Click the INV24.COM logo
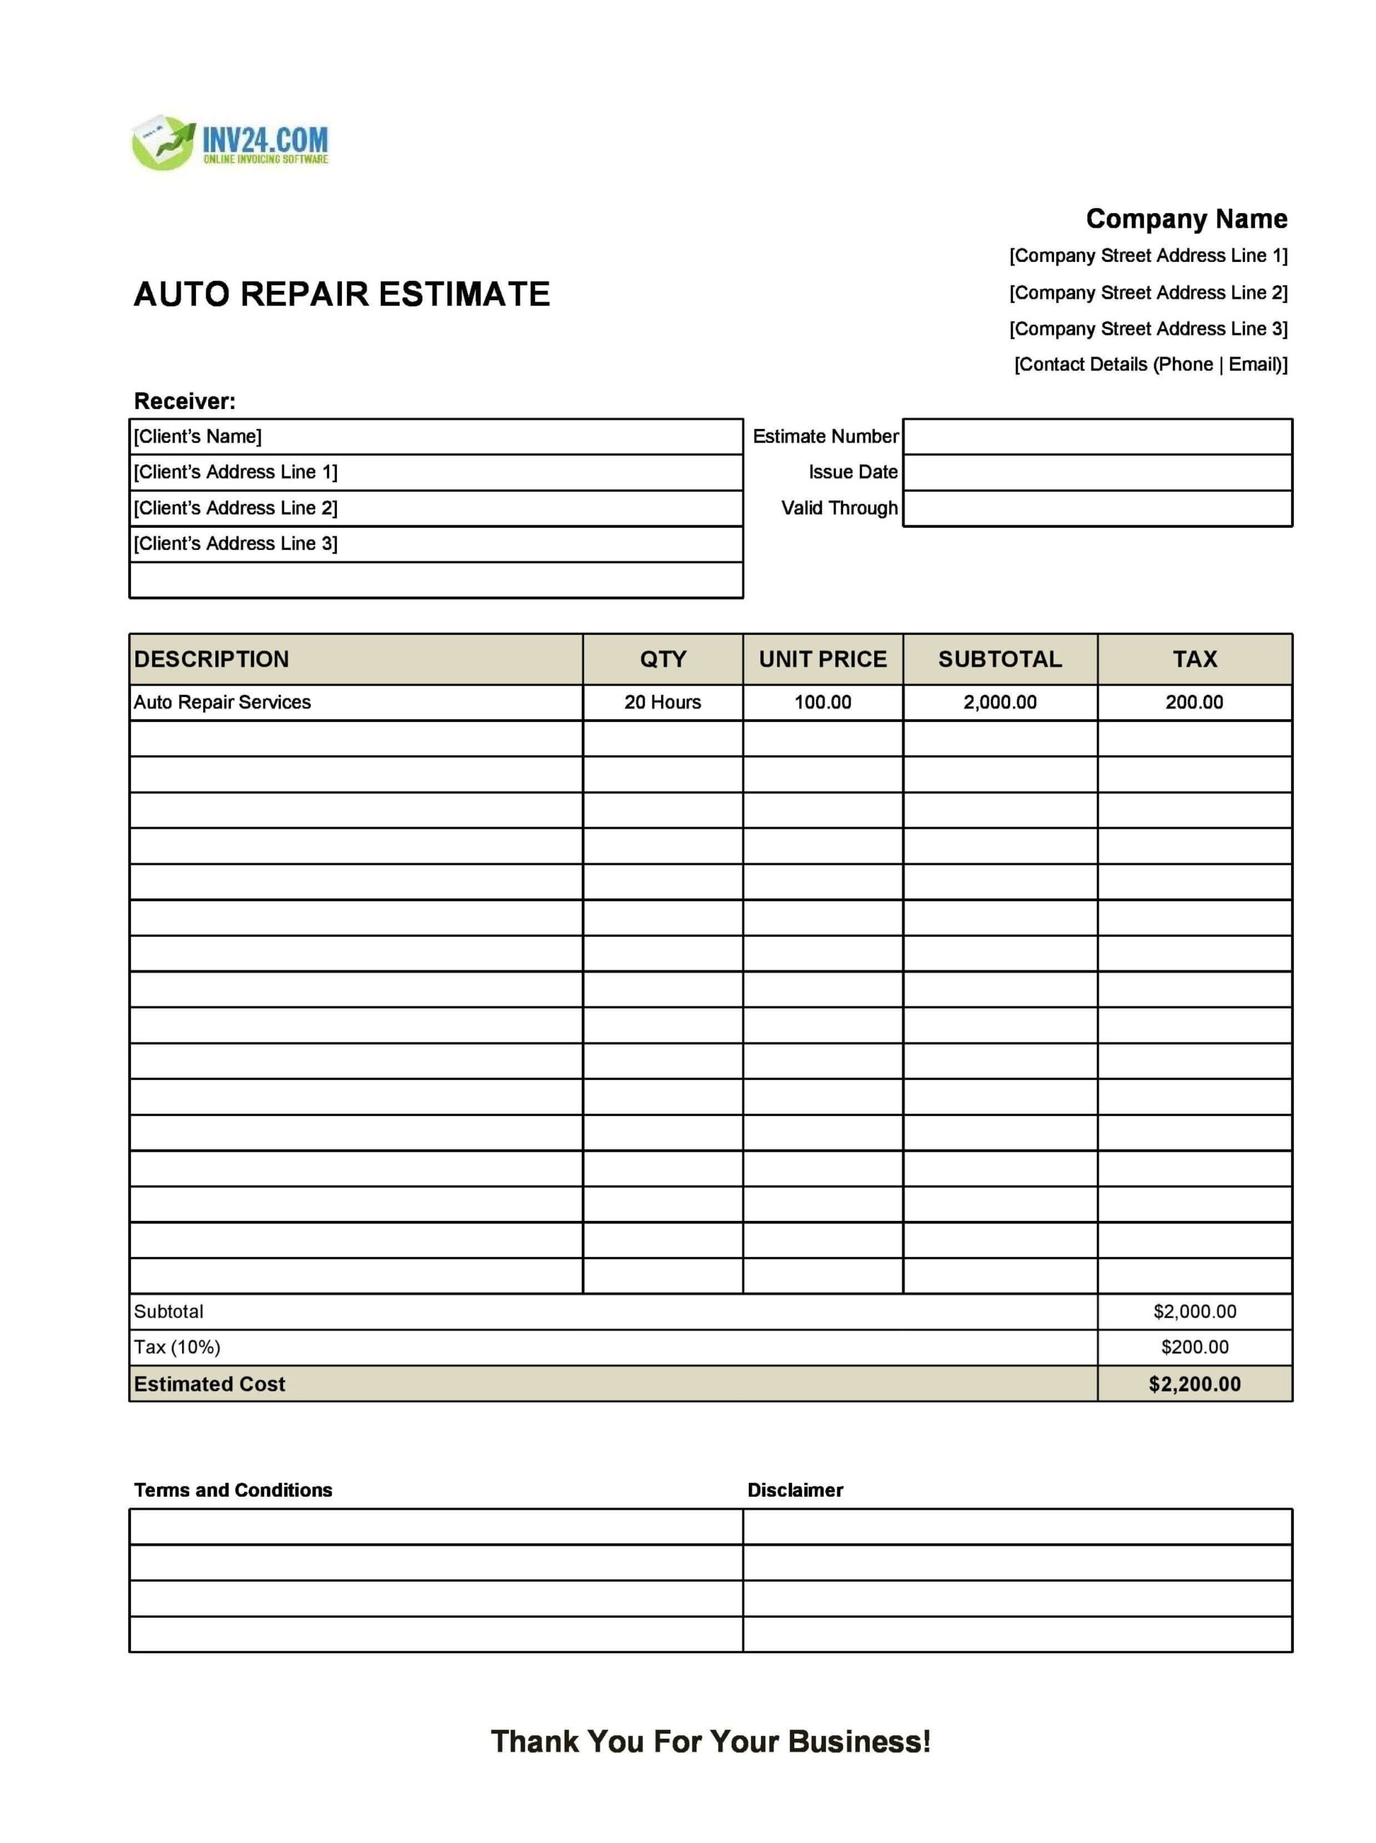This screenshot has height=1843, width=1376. tap(230, 143)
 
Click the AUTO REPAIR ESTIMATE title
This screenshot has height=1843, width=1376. tap(341, 294)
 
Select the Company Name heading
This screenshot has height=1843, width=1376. tap(1185, 219)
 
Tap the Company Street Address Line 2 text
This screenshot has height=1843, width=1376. tap(1148, 292)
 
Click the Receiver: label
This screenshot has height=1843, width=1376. tap(185, 402)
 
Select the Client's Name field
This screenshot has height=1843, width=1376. tap(436, 436)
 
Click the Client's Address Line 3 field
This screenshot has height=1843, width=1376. tap(436, 544)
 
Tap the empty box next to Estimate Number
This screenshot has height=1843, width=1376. tap(1097, 436)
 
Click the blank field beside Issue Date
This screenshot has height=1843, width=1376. tap(1097, 472)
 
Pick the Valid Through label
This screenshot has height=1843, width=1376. tap(839, 508)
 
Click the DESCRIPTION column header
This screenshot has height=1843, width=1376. tap(212, 659)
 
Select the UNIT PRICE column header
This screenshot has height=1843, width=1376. tap(822, 659)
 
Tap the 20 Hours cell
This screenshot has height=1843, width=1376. tap(662, 702)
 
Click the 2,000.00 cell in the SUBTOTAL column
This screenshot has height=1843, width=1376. tap(999, 702)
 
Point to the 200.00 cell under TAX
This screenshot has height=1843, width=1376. tap(1194, 702)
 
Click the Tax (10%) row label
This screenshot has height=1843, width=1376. tap(177, 1347)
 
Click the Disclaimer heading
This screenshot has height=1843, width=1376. tap(795, 1490)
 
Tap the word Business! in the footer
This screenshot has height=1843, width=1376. tap(859, 1741)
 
